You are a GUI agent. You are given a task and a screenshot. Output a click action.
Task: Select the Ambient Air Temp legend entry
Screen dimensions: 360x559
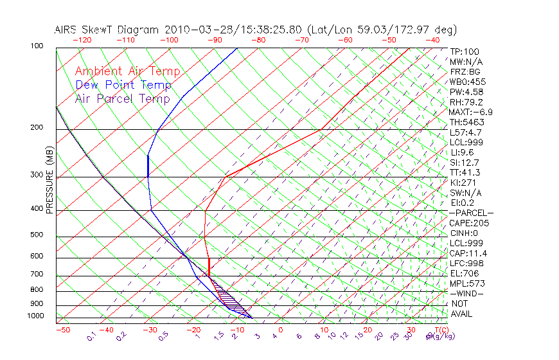pyautogui.click(x=128, y=71)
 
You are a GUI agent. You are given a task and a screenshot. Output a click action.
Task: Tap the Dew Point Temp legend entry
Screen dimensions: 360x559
pyautogui.click(x=123, y=85)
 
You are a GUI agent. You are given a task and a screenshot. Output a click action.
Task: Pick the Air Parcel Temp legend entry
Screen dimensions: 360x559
pyautogui.click(x=123, y=99)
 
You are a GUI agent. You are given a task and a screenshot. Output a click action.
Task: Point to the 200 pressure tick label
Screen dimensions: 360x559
pyautogui.click(x=37, y=128)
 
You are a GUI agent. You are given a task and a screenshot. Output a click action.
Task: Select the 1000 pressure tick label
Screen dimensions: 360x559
pyautogui.click(x=35, y=316)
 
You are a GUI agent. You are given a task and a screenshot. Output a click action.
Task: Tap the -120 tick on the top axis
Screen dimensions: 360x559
pyautogui.click(x=82, y=40)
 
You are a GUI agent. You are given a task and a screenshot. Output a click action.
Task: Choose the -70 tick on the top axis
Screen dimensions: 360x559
pyautogui.click(x=301, y=40)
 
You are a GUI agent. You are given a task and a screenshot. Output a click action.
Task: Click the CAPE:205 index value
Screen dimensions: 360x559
pyautogui.click(x=469, y=223)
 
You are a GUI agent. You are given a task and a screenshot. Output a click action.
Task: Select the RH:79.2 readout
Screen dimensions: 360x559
pyautogui.click(x=466, y=102)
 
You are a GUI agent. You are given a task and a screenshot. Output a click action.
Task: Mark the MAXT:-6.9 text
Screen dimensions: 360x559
pyautogui.click(x=471, y=112)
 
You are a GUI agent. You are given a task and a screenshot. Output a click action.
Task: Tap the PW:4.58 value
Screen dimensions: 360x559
pyautogui.click(x=466, y=92)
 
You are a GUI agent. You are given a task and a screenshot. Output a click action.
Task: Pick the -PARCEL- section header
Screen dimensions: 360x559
pyautogui.click(x=471, y=213)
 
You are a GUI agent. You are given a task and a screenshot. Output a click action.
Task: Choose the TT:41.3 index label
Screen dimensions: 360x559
pyautogui.click(x=465, y=172)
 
